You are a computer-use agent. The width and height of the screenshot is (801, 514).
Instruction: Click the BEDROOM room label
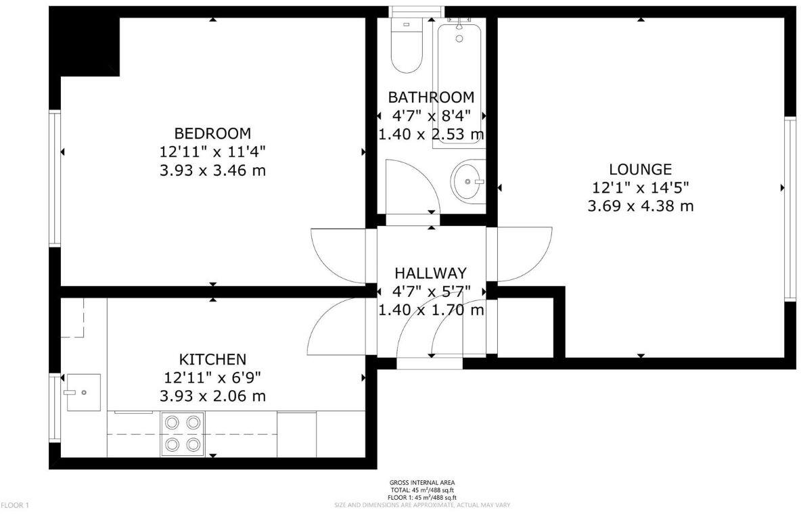[x=212, y=133]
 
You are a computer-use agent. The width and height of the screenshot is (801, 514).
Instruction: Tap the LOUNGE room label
[x=640, y=169]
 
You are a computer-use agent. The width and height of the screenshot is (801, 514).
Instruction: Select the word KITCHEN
[x=212, y=358]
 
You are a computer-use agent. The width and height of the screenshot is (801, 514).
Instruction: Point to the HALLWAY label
[x=431, y=273]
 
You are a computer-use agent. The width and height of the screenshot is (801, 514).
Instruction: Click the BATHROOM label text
[x=431, y=97]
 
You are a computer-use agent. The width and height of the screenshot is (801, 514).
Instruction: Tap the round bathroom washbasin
[x=467, y=181]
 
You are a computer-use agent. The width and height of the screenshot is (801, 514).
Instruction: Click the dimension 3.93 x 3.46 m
[x=212, y=170]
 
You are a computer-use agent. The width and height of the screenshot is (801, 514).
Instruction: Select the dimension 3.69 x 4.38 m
[x=640, y=206]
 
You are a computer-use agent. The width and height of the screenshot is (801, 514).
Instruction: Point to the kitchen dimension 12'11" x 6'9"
[x=212, y=377]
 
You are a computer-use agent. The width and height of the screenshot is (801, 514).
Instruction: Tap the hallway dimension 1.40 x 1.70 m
[x=431, y=310]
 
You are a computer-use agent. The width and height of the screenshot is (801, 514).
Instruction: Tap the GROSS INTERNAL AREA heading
[x=422, y=484]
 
